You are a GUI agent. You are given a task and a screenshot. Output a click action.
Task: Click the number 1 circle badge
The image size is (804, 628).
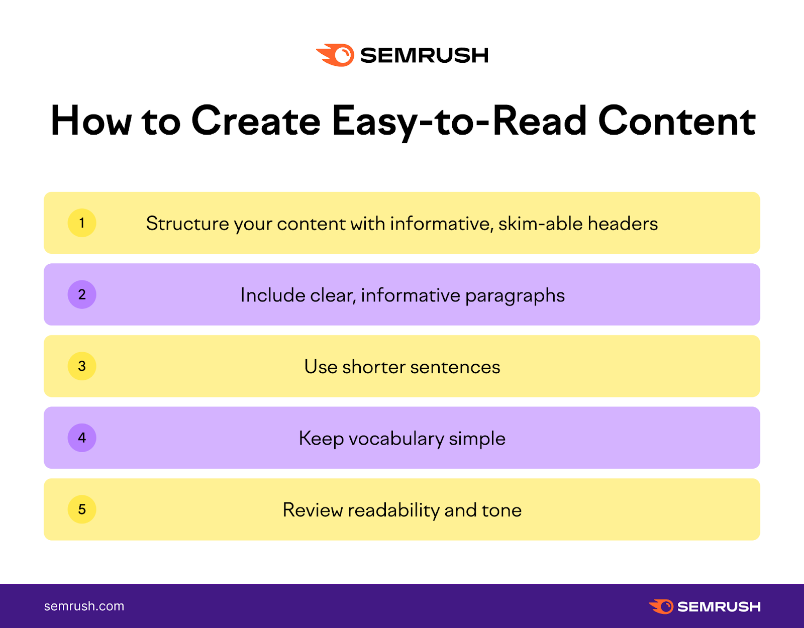[x=82, y=223]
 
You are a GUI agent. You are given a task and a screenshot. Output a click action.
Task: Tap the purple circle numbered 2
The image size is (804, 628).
[x=82, y=294]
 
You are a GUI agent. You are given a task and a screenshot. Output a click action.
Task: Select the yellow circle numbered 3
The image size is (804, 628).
[x=82, y=366]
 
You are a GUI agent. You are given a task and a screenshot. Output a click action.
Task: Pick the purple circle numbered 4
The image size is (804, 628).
[x=82, y=438]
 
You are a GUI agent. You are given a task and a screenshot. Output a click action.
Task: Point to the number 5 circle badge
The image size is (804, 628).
[x=82, y=509]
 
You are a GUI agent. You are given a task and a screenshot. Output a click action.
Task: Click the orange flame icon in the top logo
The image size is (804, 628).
[x=335, y=55]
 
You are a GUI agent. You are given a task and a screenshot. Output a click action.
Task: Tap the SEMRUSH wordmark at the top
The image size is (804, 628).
[x=425, y=56]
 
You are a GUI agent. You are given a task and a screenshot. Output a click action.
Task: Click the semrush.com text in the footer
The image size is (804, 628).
[x=84, y=606]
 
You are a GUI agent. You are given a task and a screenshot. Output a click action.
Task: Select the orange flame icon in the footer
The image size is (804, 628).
[x=661, y=606]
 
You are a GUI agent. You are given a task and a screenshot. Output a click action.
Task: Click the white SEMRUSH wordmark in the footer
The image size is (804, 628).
[x=719, y=607]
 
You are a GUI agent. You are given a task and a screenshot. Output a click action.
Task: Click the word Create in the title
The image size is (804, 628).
[x=256, y=121]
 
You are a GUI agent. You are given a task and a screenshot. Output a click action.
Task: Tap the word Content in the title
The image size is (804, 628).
[x=676, y=121]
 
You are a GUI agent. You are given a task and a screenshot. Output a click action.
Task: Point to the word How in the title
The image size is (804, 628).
[x=91, y=121]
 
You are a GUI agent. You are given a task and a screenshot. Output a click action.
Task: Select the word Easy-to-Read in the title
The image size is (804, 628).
[x=459, y=122]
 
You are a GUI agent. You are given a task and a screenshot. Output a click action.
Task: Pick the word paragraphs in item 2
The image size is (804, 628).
[x=515, y=296]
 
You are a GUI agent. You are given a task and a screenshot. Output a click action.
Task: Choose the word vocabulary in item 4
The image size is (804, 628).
[x=396, y=439]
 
